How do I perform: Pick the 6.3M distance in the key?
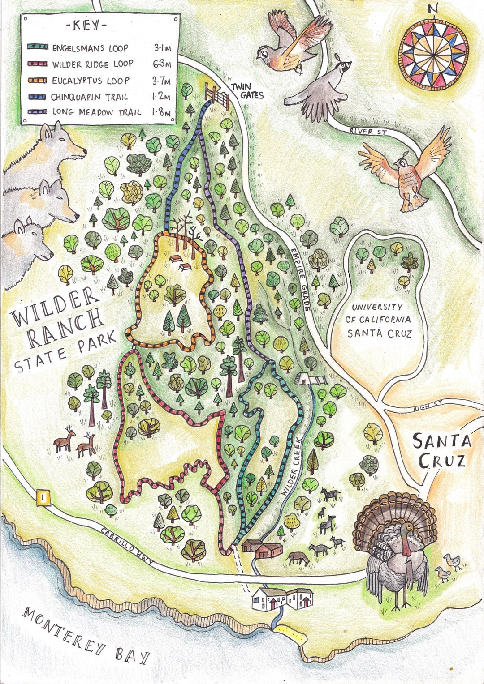click(162, 64)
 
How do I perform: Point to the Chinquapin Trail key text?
click(89, 97)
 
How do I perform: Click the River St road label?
click(367, 131)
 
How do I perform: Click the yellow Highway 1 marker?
click(43, 497)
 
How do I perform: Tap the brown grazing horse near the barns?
click(298, 558)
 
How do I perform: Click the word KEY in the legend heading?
click(86, 26)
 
